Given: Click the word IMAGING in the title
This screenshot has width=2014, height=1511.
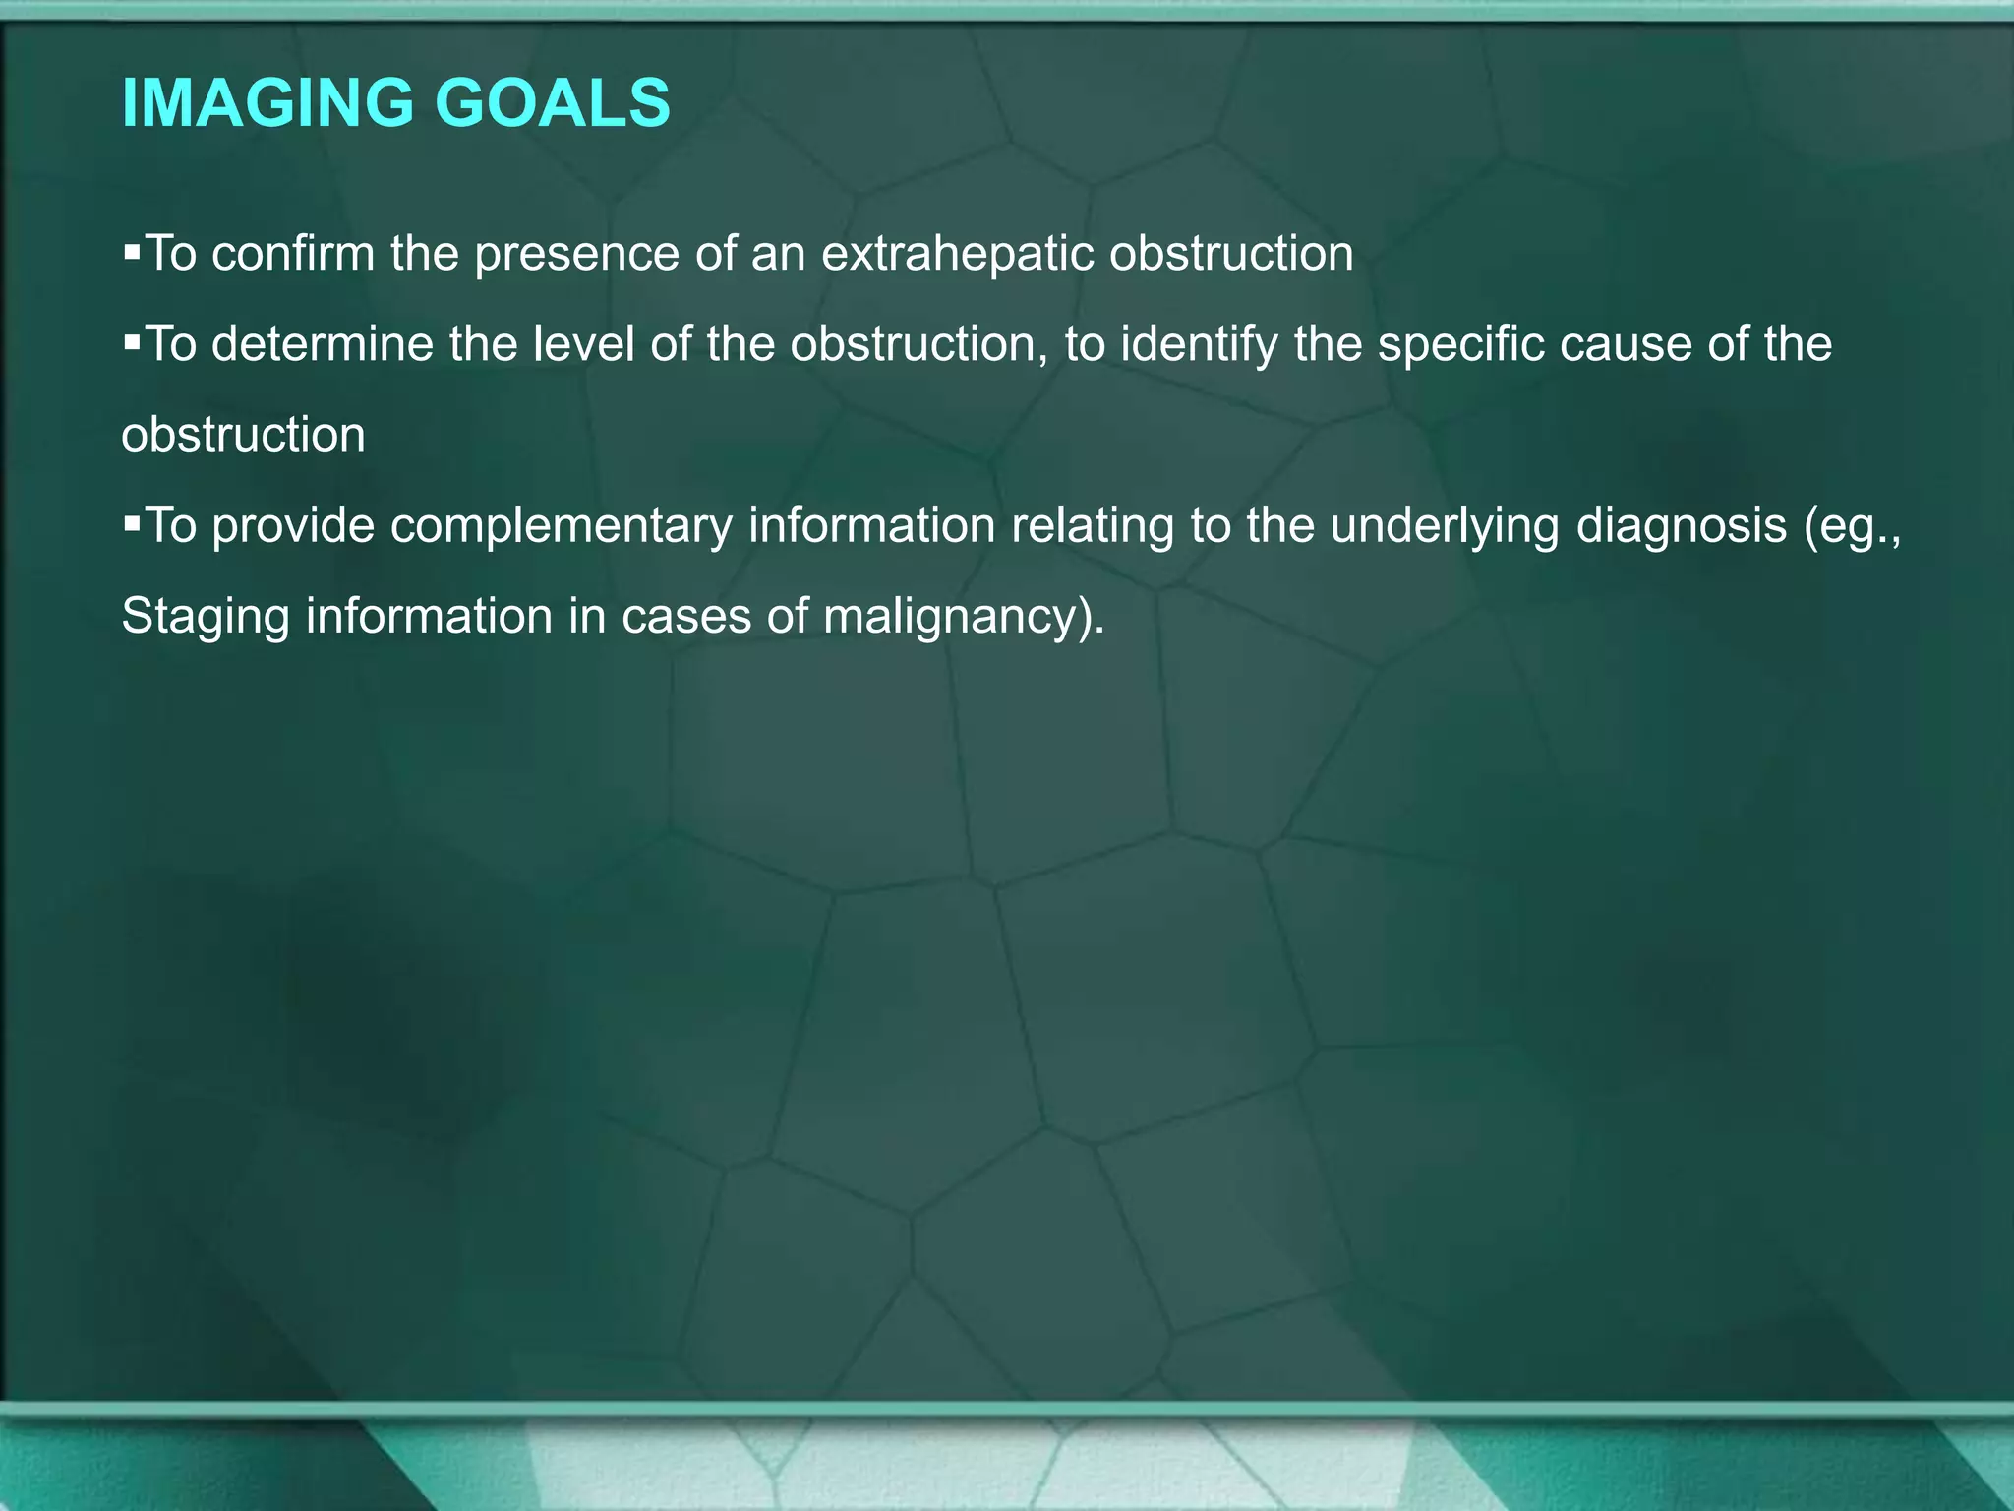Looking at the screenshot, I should coord(267,103).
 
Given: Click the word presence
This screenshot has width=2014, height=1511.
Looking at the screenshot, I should coord(576,254).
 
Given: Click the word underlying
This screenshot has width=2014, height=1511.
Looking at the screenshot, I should coord(1445,527).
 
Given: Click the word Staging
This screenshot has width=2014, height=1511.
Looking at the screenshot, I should coord(206,618).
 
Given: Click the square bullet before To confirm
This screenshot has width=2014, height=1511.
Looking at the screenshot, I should coord(133,252).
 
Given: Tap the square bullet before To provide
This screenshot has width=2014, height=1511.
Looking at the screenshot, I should coord(133,523).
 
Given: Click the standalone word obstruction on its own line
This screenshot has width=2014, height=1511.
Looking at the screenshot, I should coord(243,435).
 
